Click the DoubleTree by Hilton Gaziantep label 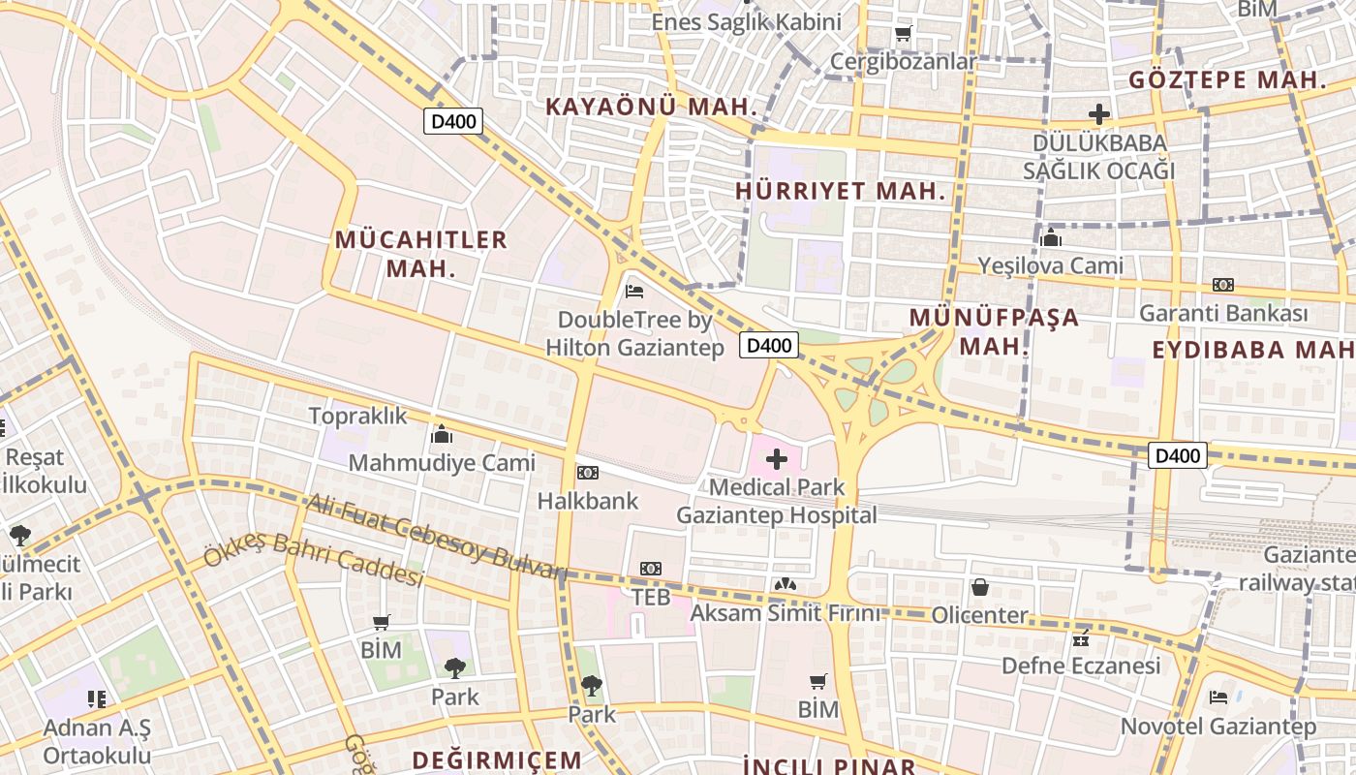click(x=634, y=333)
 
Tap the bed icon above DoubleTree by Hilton click(x=634, y=290)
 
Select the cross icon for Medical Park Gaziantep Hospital click(x=777, y=459)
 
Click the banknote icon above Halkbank click(x=587, y=473)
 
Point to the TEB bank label click(x=651, y=597)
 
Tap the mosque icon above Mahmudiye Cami click(x=442, y=433)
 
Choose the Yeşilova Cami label click(x=1050, y=265)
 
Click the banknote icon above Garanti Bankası click(x=1223, y=285)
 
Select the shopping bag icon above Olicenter click(x=979, y=587)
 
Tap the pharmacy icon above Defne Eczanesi click(x=1082, y=638)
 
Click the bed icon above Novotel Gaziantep click(x=1218, y=697)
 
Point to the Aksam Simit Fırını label click(x=786, y=613)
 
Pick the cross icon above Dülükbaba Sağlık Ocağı click(x=1098, y=113)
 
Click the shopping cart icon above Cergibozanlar click(x=903, y=34)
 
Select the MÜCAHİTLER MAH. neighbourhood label click(x=421, y=254)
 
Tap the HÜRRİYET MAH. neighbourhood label click(x=840, y=191)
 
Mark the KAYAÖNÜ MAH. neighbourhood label click(x=650, y=107)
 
